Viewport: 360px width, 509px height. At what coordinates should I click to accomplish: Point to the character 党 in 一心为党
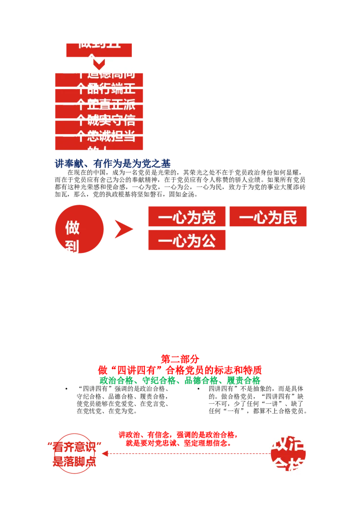207,218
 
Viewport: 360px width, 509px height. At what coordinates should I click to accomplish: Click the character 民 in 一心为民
289,218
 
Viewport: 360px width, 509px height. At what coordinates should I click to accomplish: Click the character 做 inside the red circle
72,228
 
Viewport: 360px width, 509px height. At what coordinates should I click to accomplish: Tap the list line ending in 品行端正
99,89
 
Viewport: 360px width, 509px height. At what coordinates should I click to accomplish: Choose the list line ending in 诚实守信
99,120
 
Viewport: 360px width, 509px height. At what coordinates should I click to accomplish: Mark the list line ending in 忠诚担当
99,136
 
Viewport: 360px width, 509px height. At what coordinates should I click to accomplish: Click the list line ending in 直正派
99,105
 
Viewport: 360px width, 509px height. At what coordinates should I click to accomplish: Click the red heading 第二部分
180,359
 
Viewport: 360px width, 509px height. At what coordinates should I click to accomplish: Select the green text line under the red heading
180,380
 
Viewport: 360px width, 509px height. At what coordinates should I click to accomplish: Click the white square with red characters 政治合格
289,454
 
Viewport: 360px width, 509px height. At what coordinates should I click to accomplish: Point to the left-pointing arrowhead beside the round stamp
104,454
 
